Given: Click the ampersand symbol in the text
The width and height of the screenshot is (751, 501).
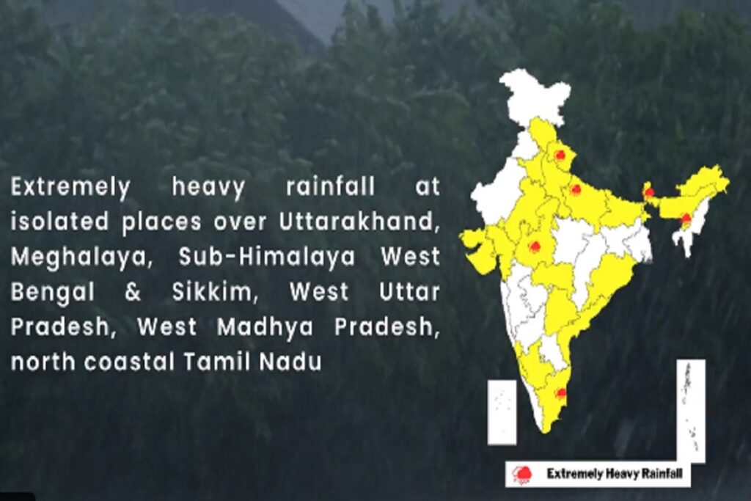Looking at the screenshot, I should (133, 292).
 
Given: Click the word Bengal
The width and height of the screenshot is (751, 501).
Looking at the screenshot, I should (52, 292).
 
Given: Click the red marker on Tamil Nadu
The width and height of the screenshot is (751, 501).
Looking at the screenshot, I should (560, 392).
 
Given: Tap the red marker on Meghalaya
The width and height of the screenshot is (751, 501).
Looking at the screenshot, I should (686, 218).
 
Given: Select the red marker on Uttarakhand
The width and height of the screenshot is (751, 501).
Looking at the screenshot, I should (560, 154).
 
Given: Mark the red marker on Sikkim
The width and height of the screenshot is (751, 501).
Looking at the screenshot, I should (648, 192).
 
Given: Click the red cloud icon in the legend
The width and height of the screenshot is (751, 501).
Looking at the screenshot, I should (521, 475).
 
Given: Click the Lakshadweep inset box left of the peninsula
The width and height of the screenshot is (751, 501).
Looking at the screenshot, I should (502, 412).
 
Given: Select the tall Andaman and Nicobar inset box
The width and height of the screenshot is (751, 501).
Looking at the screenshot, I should (690, 411).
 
